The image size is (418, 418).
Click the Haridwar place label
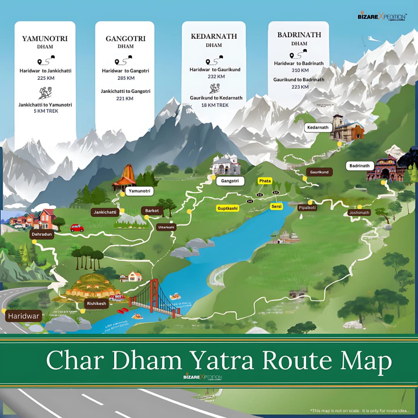point(24,316)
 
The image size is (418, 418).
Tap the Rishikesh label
point(96,303)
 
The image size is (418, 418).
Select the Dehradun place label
point(42,234)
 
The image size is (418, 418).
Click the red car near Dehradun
point(77,228)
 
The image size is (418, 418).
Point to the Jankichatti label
point(105,212)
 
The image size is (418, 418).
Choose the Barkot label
point(152,211)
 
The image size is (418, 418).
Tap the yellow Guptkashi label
point(228,208)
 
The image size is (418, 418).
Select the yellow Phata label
point(265,181)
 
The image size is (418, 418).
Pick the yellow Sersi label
point(276,207)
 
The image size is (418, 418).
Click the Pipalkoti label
point(307,208)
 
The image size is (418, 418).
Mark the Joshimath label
point(359,212)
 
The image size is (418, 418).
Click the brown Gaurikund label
point(319,172)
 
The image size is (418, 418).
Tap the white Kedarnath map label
point(318,127)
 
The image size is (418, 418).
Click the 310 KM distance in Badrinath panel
point(300,70)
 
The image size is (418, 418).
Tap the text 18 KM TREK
point(214,105)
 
